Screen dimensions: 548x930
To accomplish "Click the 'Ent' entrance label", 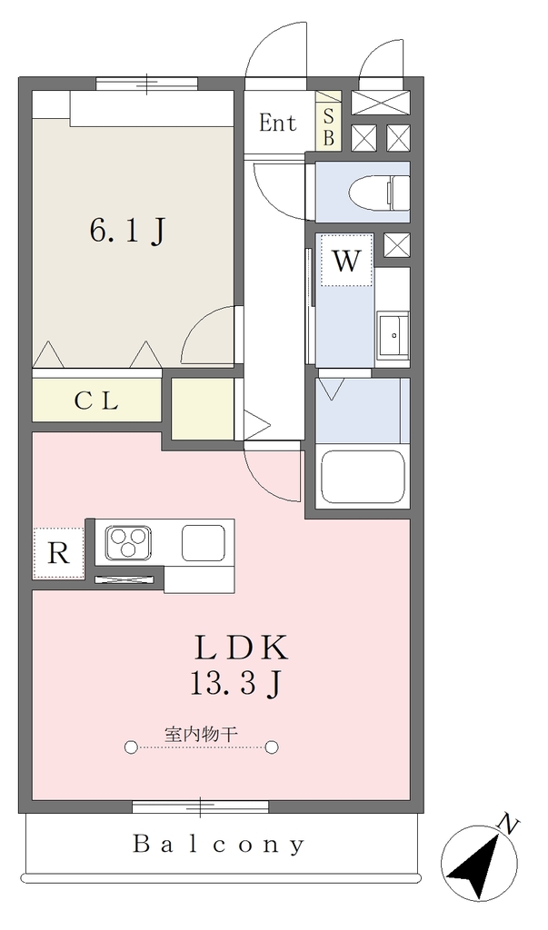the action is pos(277,123).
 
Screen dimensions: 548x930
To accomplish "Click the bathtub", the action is pos(363,478).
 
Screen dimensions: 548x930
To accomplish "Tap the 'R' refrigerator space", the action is pos(58,553).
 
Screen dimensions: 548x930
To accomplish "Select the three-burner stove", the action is pos(128,542).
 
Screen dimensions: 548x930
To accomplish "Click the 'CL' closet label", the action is pos(96,401).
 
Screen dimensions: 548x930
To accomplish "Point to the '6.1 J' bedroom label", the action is pos(127,232).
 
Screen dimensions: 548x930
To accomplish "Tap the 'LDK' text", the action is pos(242,648).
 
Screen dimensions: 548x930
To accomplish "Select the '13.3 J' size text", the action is pos(235,684).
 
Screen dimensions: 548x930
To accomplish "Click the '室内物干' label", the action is pos(201,734).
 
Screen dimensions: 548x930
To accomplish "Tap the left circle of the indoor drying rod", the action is pos(131,747).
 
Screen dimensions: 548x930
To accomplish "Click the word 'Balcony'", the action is pos(219,844).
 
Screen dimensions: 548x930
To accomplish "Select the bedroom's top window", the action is pos(146,84).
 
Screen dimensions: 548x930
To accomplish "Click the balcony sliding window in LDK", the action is pos(200,806).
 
